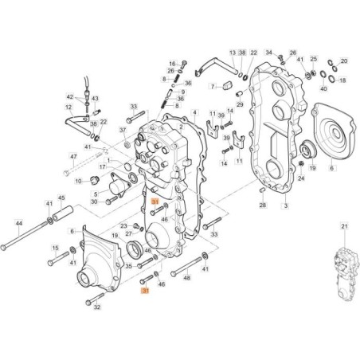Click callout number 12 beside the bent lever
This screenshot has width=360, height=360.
coord(68,106)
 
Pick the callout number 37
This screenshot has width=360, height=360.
coord(123,130)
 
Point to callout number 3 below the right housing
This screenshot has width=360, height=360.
coord(285,205)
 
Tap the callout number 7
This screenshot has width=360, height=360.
coord(213,85)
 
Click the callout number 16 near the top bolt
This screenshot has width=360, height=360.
coord(171,64)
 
